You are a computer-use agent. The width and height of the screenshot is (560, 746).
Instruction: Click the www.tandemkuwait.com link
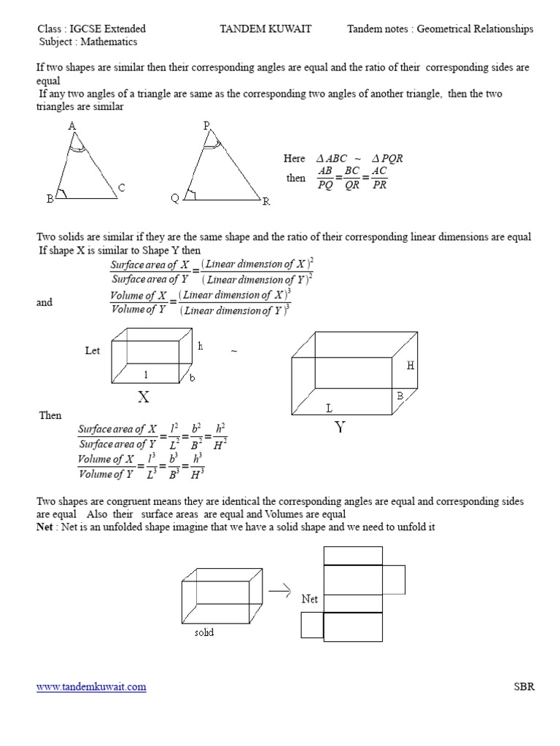point(91,686)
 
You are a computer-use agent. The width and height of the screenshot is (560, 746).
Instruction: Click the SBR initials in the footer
point(524,686)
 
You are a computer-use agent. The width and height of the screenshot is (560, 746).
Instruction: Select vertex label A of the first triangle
point(72,126)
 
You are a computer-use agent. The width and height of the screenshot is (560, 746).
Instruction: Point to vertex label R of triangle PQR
point(267,201)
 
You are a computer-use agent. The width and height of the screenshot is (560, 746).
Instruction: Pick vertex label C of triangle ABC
point(121,188)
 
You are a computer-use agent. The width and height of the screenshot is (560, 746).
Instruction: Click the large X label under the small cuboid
point(144,396)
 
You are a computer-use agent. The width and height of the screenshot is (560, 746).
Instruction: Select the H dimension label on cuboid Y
point(411,366)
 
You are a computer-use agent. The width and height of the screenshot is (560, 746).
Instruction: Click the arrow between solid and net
point(281,589)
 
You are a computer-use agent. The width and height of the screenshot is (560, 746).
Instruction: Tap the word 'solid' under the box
point(204,632)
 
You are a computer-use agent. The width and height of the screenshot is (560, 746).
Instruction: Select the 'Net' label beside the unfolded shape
point(310,599)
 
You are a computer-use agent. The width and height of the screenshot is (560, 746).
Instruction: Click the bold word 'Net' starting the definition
point(45,527)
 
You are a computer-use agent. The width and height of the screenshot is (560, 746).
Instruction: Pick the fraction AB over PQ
point(324,178)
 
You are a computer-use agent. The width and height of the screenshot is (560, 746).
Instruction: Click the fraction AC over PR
point(379,178)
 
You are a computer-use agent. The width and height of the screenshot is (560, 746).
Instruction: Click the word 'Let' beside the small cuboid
point(93,350)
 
